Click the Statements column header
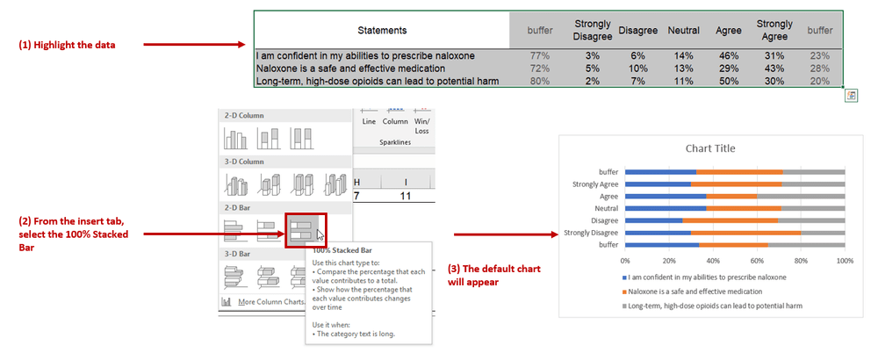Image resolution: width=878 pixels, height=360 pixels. coord(382,31)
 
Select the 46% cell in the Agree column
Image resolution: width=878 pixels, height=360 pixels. coord(729,55)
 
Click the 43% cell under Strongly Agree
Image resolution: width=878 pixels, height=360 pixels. coord(774,68)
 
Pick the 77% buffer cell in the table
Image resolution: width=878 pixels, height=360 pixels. coord(539,55)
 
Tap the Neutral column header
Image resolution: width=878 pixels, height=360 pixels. coord(683,31)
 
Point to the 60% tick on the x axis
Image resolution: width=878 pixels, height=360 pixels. coord(757,261)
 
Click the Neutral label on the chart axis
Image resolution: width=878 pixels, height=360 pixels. coord(606,208)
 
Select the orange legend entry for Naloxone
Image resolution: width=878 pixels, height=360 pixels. coord(707,291)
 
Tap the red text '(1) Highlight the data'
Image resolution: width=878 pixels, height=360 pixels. coord(67,45)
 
